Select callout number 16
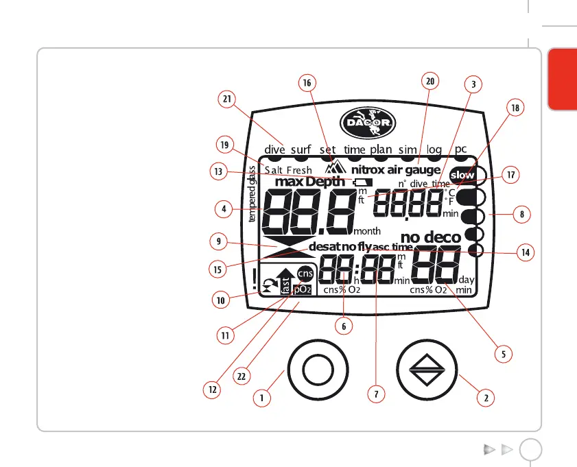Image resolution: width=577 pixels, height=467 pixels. [307, 82]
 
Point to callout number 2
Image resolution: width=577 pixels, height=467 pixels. [486, 397]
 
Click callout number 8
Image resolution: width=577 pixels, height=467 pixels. [522, 214]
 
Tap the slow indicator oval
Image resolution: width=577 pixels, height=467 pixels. [462, 175]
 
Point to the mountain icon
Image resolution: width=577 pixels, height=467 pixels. [338, 167]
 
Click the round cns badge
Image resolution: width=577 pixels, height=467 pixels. [305, 273]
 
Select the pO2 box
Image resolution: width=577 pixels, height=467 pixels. [303, 289]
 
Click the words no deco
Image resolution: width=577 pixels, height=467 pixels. [431, 238]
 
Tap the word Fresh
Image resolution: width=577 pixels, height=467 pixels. [298, 170]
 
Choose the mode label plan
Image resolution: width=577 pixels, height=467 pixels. [381, 149]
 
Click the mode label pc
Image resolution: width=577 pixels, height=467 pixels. [461, 148]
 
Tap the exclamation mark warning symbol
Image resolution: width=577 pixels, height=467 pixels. [254, 279]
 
